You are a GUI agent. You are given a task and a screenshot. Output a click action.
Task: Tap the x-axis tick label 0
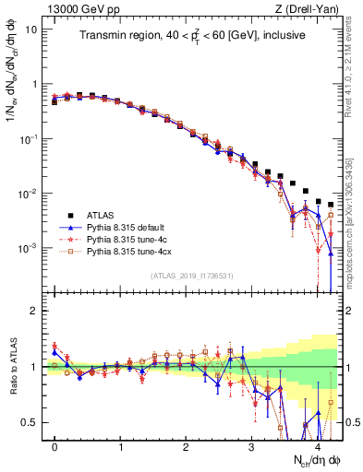pos(54,448)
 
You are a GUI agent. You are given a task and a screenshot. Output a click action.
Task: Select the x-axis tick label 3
pos(252,448)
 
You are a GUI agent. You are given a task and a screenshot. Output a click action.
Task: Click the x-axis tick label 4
pos(318,448)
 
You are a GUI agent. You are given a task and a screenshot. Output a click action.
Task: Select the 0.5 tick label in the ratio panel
pos(31,422)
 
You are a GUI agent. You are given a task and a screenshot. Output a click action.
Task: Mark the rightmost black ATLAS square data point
pos(331,205)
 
